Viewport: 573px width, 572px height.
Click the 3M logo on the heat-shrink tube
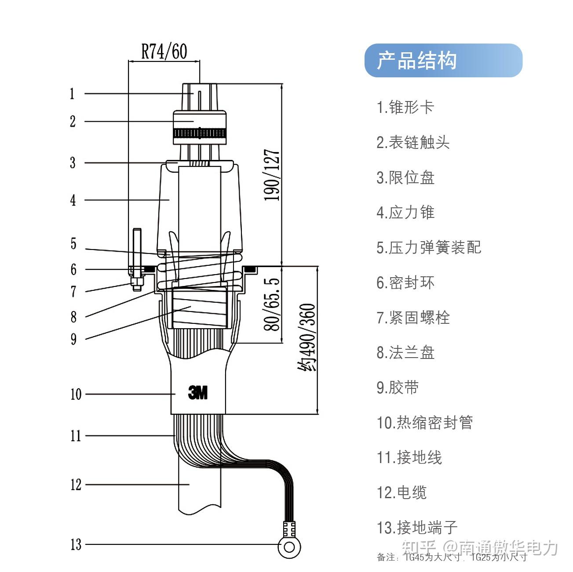point(198,392)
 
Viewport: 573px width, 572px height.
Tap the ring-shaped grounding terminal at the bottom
point(289,547)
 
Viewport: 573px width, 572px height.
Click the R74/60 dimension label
point(164,51)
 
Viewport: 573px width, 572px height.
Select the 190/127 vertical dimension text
point(272,175)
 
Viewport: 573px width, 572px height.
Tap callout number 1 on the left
point(72,94)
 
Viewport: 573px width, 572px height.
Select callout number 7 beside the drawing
point(73,291)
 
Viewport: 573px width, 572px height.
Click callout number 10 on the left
point(76,394)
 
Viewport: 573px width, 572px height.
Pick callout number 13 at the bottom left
point(76,545)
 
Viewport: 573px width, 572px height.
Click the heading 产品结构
point(417,61)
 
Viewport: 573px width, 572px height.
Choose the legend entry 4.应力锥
point(405,213)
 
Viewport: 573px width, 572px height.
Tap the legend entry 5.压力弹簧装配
point(429,248)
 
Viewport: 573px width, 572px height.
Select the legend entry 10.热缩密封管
point(424,423)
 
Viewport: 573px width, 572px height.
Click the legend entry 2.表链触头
point(413,142)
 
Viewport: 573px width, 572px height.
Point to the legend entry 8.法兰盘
point(405,353)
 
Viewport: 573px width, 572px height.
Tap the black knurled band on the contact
point(200,133)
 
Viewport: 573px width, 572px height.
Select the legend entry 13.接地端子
point(417,528)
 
